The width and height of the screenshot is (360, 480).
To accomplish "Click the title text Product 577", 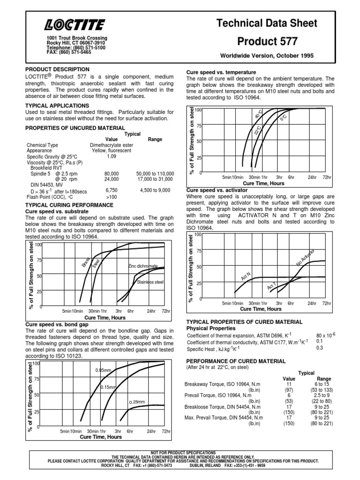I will (267, 41).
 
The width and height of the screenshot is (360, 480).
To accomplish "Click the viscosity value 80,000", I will (112, 173).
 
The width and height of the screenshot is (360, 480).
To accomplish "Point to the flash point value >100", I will (112, 197).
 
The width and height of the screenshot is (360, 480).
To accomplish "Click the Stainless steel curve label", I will (150, 282).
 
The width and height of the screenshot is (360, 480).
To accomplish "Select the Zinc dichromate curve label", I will (143, 266).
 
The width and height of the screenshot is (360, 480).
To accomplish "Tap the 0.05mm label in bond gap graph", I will (103, 370).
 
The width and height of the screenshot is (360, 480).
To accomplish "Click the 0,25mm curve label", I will (137, 402).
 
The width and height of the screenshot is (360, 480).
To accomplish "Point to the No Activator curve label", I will (305, 258).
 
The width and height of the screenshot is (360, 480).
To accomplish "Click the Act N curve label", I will (246, 276).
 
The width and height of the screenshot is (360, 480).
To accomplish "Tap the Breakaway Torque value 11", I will (289, 384).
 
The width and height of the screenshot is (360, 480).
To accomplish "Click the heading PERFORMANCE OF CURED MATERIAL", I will (236, 361).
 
